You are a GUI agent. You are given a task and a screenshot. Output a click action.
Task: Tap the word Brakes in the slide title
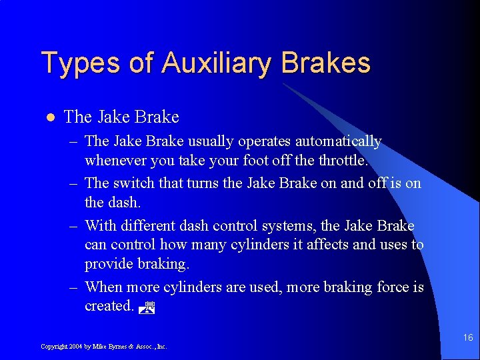point(325,63)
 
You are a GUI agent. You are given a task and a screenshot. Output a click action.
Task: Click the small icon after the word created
point(149,308)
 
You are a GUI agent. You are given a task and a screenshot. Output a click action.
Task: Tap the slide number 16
point(468,338)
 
